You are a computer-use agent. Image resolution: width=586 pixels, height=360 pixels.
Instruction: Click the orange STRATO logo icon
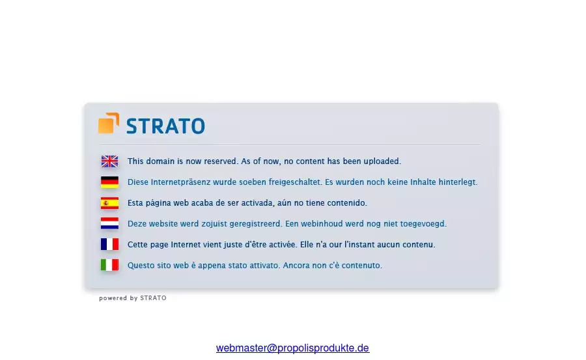coord(109,123)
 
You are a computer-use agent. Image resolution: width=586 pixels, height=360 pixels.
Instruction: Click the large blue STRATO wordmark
coord(165,126)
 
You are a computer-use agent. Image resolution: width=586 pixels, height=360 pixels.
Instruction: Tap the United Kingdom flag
coord(109,161)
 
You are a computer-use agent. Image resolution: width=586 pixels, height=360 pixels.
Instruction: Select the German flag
coord(109,182)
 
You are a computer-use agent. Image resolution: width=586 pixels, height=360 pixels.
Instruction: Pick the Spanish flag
coord(109,203)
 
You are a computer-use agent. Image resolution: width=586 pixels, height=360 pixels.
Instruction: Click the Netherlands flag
coord(109,223)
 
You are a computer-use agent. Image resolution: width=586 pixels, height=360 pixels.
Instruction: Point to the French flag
coord(109,245)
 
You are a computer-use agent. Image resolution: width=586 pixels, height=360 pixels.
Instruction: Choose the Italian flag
coord(109,265)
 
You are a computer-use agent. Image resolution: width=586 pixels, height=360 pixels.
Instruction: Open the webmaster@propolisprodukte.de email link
coord(292,348)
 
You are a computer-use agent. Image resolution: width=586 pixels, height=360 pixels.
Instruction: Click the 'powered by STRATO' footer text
coord(133,298)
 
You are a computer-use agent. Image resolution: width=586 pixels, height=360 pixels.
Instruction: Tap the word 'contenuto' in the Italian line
coord(362,265)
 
